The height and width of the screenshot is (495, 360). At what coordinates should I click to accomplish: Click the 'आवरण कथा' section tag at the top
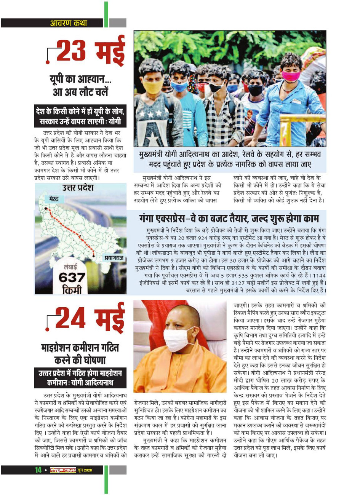tap(69, 23)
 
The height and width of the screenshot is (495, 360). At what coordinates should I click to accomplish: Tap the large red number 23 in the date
tap(70, 51)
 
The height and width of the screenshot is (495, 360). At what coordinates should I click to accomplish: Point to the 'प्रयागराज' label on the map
tap(114, 258)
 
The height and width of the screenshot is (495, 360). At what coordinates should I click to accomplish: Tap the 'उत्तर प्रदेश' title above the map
tap(78, 188)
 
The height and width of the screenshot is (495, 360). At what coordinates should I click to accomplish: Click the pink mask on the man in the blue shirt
tap(291, 76)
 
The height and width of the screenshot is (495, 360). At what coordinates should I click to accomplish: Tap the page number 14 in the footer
tap(38, 470)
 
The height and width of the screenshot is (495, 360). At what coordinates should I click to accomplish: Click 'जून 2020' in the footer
tap(85, 470)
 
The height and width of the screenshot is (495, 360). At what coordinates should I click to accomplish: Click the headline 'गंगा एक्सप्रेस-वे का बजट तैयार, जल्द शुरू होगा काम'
tap(229, 219)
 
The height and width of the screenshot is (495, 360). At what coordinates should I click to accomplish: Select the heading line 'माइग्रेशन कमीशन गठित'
tap(80, 347)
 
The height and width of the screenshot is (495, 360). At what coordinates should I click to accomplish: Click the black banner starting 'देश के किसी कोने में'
tap(80, 117)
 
